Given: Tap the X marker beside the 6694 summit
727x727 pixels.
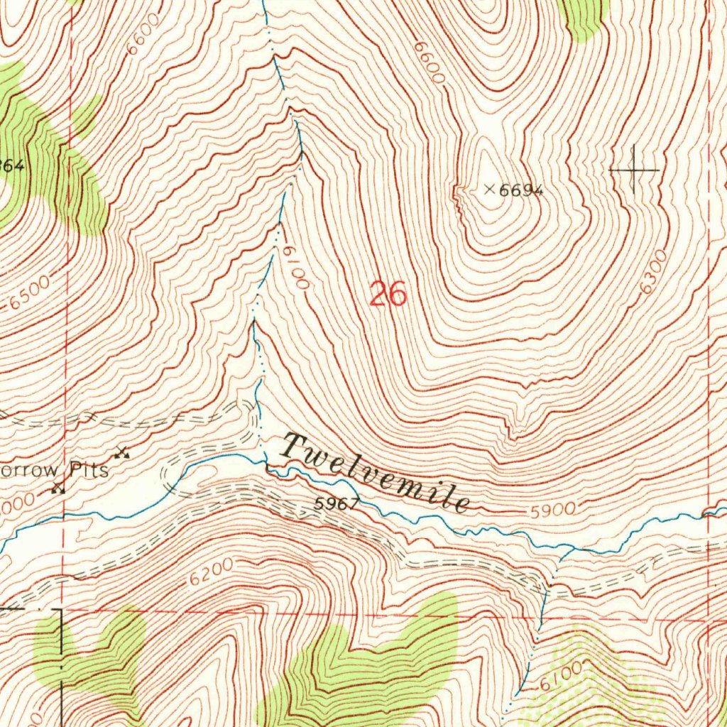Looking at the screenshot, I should [489, 189].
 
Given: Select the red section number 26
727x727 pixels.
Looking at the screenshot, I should [388, 293].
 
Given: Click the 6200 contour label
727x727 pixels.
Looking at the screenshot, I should [211, 572].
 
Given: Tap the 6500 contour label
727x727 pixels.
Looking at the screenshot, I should [30, 293].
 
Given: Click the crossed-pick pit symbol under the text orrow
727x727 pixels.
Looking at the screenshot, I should [58, 488].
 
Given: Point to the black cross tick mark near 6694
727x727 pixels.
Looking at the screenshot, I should [634, 169].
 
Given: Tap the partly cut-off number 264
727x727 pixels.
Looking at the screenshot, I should [12, 166].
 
